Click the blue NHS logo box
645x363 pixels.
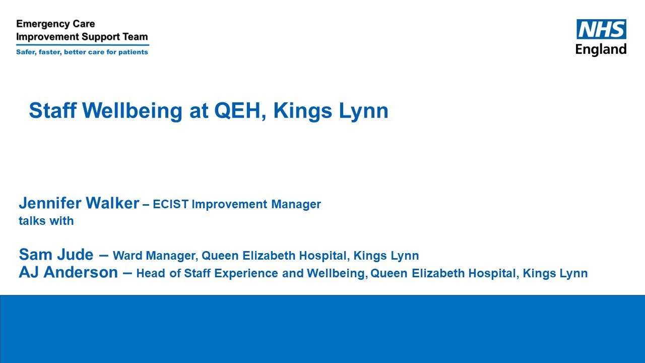pyautogui.click(x=601, y=29)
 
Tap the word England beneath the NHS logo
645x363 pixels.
pyautogui.click(x=601, y=49)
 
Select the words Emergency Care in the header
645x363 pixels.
pyautogui.click(x=55, y=24)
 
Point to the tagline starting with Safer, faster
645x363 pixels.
pyautogui.click(x=82, y=52)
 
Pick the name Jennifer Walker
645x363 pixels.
pyautogui.click(x=79, y=204)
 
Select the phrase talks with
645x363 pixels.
pyautogui.click(x=46, y=221)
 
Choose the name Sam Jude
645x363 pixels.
pyautogui.click(x=55, y=255)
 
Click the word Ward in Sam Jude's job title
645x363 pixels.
pyautogui.click(x=127, y=256)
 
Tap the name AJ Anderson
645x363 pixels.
pyautogui.click(x=68, y=273)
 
